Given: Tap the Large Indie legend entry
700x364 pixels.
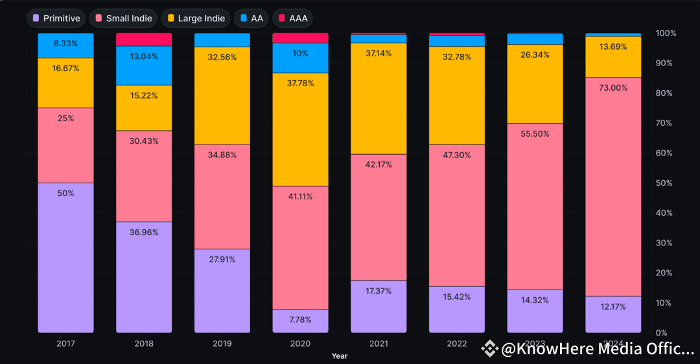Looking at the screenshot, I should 195,18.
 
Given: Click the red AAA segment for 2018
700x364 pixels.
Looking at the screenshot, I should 144,40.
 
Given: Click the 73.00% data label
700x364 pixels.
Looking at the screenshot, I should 613,87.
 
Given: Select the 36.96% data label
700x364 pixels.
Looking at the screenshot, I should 144,233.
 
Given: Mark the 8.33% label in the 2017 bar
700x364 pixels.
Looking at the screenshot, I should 65,43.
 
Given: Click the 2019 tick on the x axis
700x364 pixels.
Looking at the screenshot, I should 222,343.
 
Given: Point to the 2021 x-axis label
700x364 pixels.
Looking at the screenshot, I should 379,343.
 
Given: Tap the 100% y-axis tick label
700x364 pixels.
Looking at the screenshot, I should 666,33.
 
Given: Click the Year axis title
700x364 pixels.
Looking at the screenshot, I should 339,356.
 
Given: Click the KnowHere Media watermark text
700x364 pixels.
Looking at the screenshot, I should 596,350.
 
